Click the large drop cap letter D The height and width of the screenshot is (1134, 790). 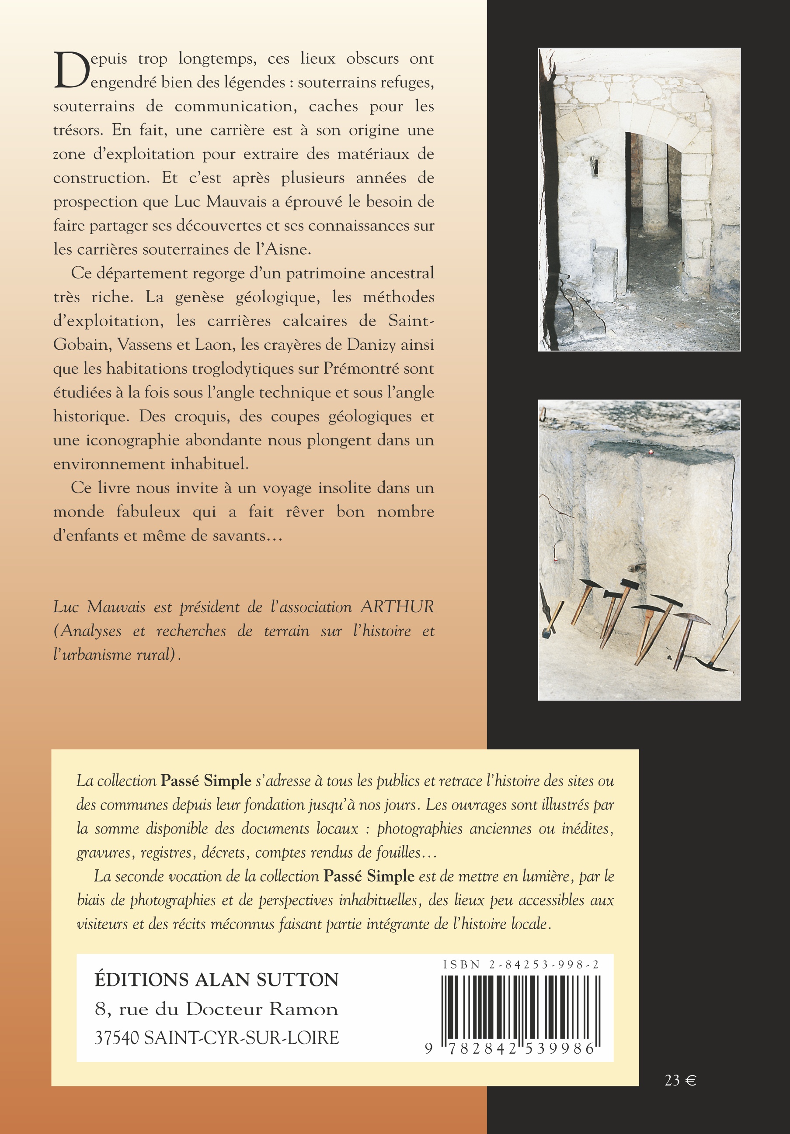point(72,71)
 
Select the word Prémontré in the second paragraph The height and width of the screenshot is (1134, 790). point(356,369)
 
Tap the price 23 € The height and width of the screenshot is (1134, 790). point(680,1080)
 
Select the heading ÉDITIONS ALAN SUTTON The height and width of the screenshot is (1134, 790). point(216,980)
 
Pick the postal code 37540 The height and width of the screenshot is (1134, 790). point(117,1038)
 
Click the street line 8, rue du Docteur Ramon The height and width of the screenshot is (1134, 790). point(216,1009)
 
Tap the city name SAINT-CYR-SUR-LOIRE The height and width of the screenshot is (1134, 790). point(241,1038)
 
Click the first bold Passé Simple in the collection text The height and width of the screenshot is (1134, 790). point(206,781)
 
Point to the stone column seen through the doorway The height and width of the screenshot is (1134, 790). point(654,188)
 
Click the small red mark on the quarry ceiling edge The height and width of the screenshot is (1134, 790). point(651,452)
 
